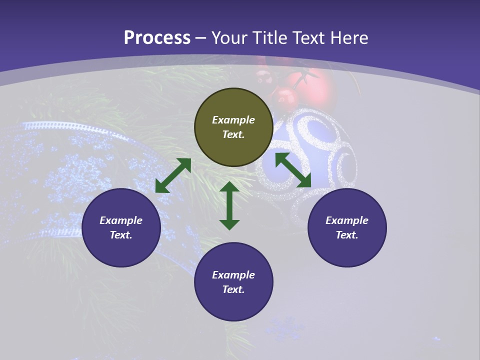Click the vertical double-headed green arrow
[x=229, y=205]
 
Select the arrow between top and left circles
[x=173, y=175]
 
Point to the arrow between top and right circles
[x=293, y=170]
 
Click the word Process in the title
[x=157, y=38]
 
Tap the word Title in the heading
[x=270, y=38]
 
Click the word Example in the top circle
[x=233, y=120]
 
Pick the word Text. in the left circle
[x=121, y=235]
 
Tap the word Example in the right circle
[x=347, y=220]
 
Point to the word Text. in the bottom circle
[x=233, y=289]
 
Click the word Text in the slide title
[x=308, y=38]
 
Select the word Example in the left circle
[x=121, y=220]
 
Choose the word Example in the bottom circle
[x=233, y=275]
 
